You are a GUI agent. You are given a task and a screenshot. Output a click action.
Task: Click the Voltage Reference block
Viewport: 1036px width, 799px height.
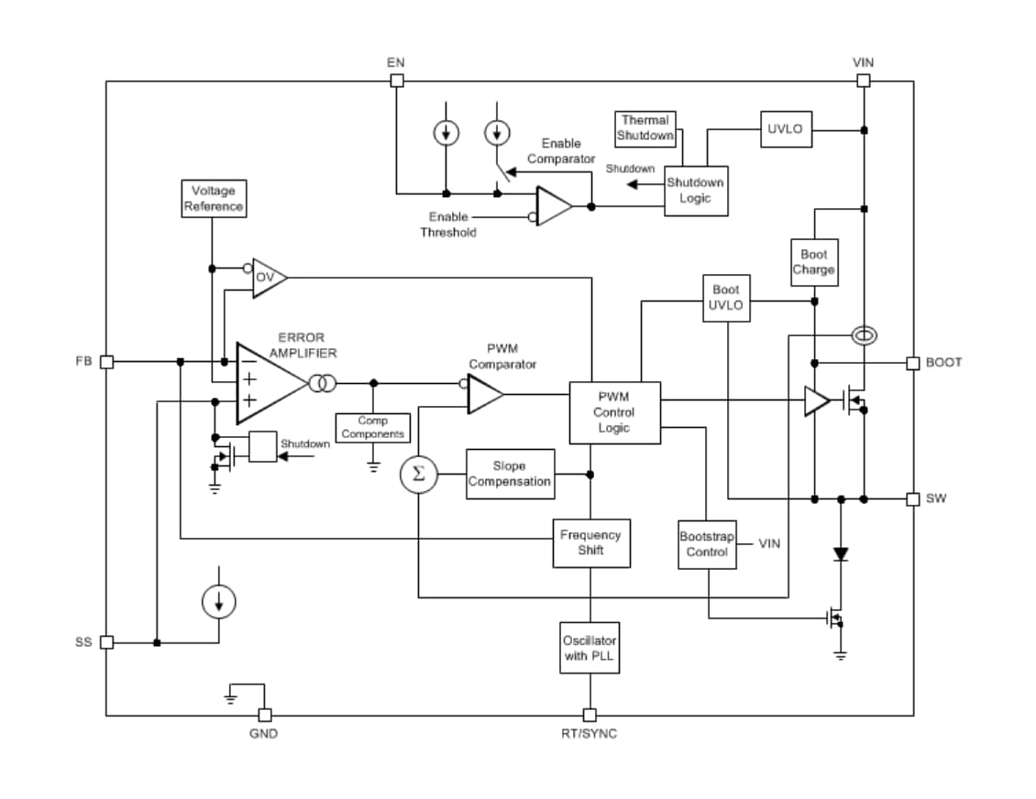(213, 199)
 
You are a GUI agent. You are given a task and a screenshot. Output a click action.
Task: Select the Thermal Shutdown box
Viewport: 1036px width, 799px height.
(645, 128)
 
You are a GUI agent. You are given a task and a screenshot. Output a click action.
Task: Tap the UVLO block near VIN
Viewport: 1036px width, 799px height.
(785, 129)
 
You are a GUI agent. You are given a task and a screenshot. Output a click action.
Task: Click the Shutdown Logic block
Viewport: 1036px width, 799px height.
(696, 191)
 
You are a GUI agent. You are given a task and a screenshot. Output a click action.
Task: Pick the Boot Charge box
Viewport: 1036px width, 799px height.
(813, 262)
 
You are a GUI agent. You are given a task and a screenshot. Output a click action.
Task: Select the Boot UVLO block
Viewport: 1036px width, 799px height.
(726, 298)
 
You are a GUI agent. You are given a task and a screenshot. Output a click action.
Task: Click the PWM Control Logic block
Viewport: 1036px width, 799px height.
(614, 413)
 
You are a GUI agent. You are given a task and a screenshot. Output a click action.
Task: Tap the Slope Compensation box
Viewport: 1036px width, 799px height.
(510, 474)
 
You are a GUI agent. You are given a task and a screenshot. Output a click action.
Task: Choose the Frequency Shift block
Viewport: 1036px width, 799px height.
(590, 542)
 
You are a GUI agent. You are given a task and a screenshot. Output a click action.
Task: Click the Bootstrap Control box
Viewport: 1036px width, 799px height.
(707, 544)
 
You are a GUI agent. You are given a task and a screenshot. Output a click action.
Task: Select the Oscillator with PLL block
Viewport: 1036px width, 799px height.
(590, 648)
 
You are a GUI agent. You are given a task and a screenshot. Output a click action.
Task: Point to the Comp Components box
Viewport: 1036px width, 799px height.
(372, 428)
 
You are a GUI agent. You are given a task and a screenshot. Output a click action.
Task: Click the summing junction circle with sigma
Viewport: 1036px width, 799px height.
(419, 475)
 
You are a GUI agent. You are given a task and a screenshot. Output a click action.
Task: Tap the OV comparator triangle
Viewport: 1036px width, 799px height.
(268, 277)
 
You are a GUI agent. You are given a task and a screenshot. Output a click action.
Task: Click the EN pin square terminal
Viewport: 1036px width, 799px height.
(397, 81)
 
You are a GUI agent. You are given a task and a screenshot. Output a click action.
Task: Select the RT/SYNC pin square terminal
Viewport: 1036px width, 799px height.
(590, 715)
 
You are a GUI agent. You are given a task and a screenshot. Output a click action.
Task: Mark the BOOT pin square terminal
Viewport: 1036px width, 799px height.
(912, 363)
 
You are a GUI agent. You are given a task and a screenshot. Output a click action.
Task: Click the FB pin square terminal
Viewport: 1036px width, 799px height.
(106, 362)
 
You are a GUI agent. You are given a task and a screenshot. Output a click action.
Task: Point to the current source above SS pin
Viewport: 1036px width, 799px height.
(218, 602)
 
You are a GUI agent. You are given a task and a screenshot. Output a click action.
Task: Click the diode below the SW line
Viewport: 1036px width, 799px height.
(841, 554)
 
